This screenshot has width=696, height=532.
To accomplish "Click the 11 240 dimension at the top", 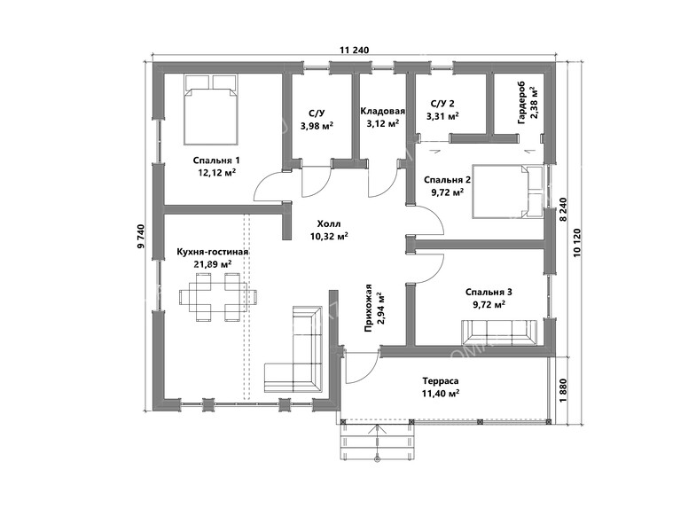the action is (x=355, y=51).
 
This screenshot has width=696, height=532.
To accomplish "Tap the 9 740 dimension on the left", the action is (x=141, y=236).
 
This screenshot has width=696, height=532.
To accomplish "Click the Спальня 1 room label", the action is (x=216, y=160).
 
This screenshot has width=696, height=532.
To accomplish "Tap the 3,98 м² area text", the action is (x=317, y=126).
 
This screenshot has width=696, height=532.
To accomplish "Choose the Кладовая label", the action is (x=383, y=111).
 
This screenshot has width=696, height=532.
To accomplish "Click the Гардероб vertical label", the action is (x=521, y=103).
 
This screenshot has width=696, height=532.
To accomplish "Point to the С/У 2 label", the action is (x=442, y=104).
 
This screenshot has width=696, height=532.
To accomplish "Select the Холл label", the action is (x=329, y=223).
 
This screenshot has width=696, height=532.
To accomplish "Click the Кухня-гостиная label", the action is (x=212, y=252).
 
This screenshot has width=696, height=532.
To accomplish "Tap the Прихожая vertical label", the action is (x=368, y=309).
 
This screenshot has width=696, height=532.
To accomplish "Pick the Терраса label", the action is (x=441, y=381).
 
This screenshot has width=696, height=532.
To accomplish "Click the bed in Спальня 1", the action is (x=211, y=109).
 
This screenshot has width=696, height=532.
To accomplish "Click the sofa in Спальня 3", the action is (x=500, y=332).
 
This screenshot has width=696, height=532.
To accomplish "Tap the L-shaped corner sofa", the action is (x=293, y=349).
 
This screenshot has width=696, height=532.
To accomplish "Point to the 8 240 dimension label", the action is (x=563, y=209).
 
